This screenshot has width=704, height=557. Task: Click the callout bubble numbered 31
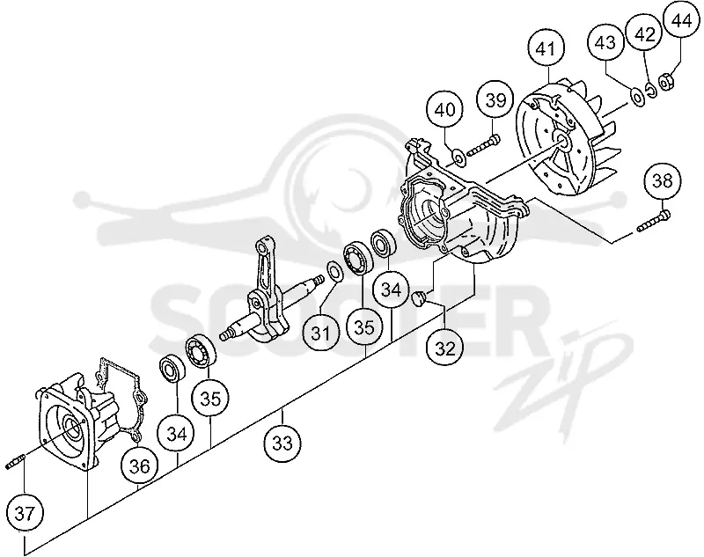[320, 333]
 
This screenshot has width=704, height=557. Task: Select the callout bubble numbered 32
[445, 348]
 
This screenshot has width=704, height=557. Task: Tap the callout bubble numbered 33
[282, 443]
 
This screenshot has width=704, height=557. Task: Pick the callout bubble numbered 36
[140, 466]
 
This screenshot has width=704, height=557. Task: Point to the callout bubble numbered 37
[25, 513]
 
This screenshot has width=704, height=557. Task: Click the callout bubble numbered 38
[663, 181]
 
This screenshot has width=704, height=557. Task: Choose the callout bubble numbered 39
[495, 100]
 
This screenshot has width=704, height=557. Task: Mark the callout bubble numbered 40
[445, 109]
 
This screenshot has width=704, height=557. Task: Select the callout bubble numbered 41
[546, 49]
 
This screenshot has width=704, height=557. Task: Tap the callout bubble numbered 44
[681, 21]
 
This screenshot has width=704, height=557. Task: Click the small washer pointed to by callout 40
[458, 158]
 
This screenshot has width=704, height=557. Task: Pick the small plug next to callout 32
[420, 298]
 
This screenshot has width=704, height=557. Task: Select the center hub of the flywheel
[561, 141]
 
